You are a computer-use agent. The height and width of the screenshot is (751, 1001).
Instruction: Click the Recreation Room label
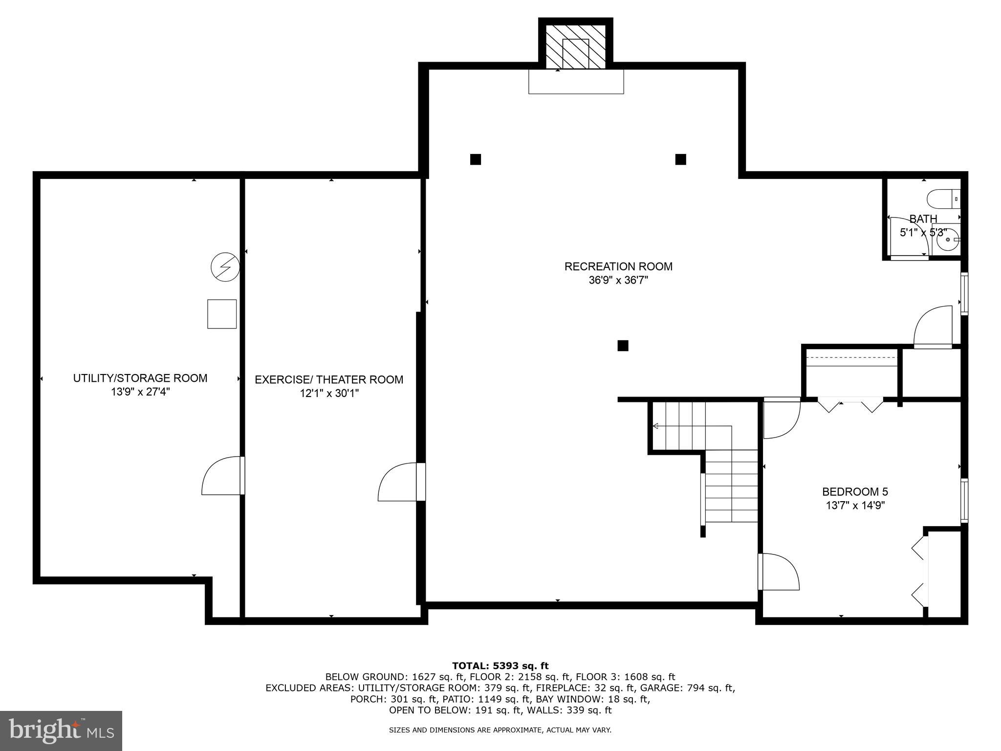(618, 266)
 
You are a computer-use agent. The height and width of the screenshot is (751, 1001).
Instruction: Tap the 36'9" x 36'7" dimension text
(618, 281)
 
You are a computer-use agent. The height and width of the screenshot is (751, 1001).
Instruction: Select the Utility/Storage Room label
(140, 378)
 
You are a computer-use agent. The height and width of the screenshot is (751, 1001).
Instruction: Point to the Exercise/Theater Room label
(329, 379)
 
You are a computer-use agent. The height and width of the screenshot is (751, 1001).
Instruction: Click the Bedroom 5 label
(855, 491)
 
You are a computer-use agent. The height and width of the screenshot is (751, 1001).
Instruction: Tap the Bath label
(923, 219)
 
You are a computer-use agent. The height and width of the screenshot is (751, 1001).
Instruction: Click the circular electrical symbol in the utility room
(225, 267)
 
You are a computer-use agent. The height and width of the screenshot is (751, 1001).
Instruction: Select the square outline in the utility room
(222, 314)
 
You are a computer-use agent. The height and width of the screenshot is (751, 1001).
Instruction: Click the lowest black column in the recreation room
(623, 346)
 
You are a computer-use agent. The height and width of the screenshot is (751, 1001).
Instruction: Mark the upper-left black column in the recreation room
(476, 159)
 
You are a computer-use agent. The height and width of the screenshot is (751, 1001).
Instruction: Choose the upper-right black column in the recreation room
(680, 159)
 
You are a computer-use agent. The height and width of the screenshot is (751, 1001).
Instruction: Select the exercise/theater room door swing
(397, 482)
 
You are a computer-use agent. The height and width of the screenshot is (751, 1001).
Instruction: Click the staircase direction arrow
(656, 426)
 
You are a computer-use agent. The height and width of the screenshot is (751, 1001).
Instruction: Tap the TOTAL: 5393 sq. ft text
(500, 665)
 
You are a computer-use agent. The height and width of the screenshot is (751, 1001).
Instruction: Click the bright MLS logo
(61, 730)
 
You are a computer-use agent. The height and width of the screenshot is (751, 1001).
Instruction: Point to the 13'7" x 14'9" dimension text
(855, 506)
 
